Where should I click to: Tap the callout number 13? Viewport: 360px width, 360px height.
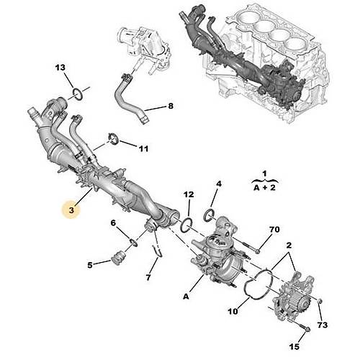(x=61, y=68)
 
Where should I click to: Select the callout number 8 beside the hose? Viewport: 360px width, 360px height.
(x=171, y=107)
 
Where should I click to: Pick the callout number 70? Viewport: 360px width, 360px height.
(x=274, y=230)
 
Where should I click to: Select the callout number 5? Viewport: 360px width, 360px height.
(x=90, y=265)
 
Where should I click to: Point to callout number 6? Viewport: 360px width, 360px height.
(x=113, y=223)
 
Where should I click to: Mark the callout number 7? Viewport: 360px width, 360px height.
(x=150, y=277)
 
